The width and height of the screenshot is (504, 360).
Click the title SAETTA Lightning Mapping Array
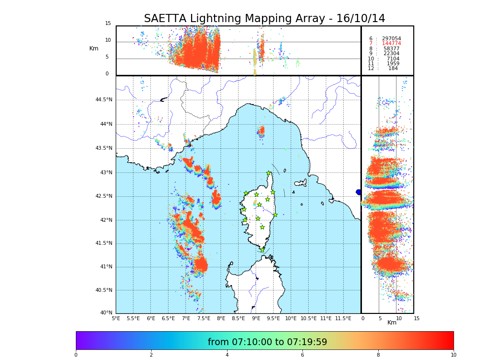click(x=264, y=19)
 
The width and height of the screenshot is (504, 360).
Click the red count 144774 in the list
click(x=391, y=44)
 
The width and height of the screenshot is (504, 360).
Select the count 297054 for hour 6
click(x=391, y=39)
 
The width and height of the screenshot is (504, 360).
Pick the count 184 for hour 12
click(x=393, y=69)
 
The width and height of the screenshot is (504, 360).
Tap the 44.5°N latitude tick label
click(x=104, y=100)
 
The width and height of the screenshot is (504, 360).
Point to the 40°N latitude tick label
click(x=106, y=313)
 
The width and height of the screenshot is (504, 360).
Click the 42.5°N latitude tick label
click(x=104, y=196)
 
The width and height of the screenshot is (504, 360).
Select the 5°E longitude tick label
click(x=116, y=318)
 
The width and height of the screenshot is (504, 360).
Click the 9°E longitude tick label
click(x=256, y=318)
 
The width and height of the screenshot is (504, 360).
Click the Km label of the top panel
click(x=94, y=48)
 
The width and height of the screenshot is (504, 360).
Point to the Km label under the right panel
click(x=392, y=323)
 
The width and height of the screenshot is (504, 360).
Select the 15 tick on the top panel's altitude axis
click(x=108, y=24)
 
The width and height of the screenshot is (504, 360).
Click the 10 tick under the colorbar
click(x=453, y=355)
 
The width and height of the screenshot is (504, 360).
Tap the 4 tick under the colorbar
click(x=227, y=355)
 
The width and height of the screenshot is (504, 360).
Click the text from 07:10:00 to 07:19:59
click(x=267, y=342)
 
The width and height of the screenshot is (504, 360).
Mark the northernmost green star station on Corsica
click(x=269, y=173)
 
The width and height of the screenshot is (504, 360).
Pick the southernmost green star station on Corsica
click(x=262, y=250)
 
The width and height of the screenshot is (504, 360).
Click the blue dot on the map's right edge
click(x=359, y=192)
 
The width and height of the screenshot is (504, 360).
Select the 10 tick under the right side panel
click(x=398, y=318)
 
